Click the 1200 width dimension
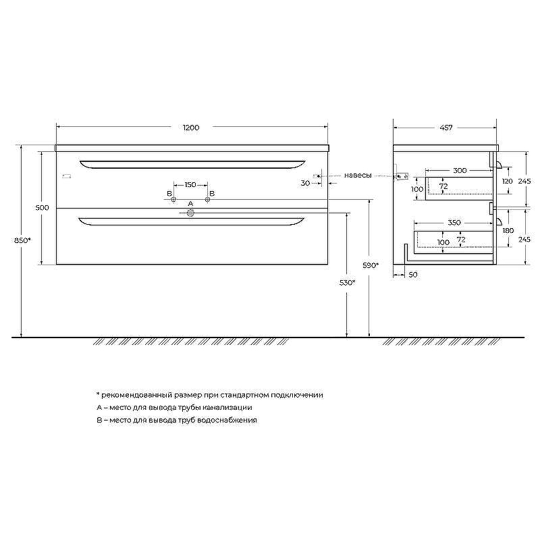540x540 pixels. click(191, 128)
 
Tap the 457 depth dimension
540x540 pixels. click(446, 128)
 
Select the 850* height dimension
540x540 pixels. click(22, 240)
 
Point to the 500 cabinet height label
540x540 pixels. click(43, 208)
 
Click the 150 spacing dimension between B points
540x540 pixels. click(190, 185)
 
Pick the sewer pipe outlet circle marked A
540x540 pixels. click(190, 213)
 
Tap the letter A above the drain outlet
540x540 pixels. click(191, 204)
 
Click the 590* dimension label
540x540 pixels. click(371, 265)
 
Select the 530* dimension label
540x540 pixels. click(347, 283)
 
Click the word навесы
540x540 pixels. click(358, 175)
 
